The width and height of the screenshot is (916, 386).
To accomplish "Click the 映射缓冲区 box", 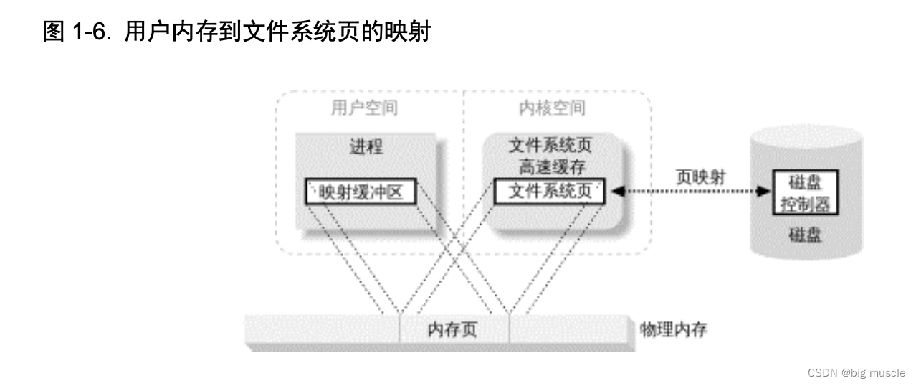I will pos(361,192).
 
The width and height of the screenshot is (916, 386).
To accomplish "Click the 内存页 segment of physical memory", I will pos(454,330).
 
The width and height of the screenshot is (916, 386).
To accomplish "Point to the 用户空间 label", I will pos(363,108).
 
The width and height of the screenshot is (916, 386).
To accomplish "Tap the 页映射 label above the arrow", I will pos(700,176).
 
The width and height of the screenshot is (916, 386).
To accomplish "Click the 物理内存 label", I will pos(674,330).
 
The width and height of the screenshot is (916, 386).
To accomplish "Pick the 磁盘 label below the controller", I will pos(804,235).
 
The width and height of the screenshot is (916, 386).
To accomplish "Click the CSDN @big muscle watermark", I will pos(856,373).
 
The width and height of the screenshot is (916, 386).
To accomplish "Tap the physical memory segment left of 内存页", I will pos(323,330).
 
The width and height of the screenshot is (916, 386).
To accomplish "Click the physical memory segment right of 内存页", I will pos(572,330).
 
